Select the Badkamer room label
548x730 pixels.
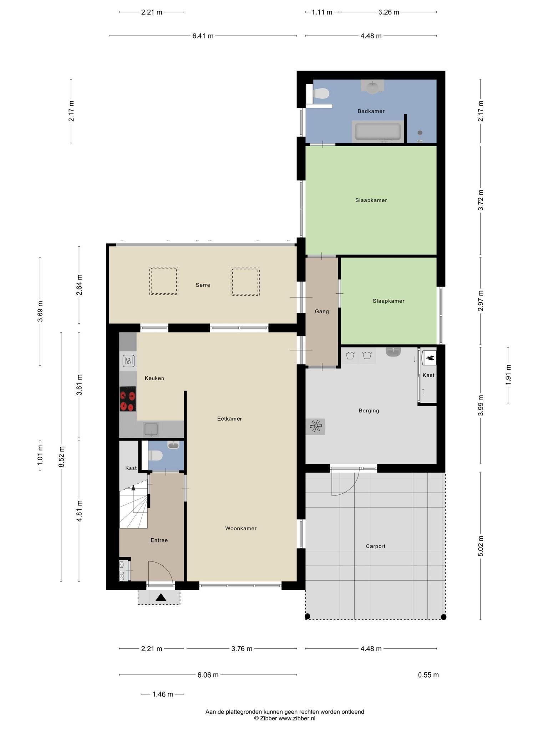(371, 111)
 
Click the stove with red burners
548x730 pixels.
(128, 399)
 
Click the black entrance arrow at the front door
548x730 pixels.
(161, 597)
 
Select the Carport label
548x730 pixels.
(375, 546)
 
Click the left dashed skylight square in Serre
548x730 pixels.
(164, 281)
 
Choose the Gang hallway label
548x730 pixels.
(321, 312)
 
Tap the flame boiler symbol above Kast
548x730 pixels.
(429, 358)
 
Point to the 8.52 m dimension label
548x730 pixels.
(61, 457)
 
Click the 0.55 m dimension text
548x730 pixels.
(428, 675)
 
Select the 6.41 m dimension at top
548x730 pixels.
(203, 36)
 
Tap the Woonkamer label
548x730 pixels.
(241, 528)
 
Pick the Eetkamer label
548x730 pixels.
(229, 418)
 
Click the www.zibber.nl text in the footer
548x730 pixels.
(297, 719)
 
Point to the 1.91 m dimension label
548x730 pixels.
(508, 375)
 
